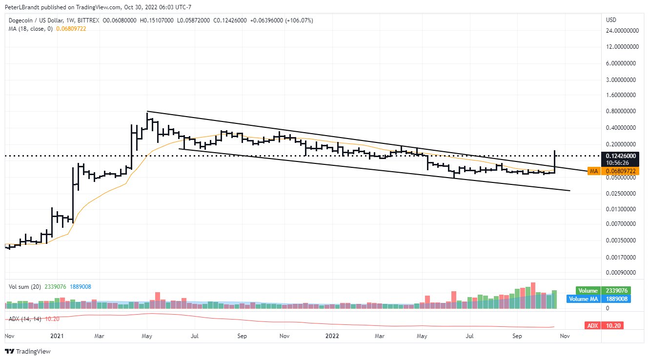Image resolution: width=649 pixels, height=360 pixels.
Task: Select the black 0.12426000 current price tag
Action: click(621, 156)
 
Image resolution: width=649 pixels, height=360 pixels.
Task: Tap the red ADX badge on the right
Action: click(604, 325)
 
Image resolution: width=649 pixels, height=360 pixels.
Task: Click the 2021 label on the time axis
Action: click(57, 336)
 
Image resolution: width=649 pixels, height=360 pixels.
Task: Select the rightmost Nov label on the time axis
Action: click(565, 336)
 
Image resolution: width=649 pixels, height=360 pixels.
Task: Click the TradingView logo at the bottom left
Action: click(28, 351)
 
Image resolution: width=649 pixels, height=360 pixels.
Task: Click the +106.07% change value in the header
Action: click(299, 20)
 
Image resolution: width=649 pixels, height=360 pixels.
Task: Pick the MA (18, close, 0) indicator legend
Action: click(29, 29)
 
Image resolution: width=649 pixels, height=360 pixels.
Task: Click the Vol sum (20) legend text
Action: click(24, 287)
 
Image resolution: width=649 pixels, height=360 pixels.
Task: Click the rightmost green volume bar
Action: click(554, 300)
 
